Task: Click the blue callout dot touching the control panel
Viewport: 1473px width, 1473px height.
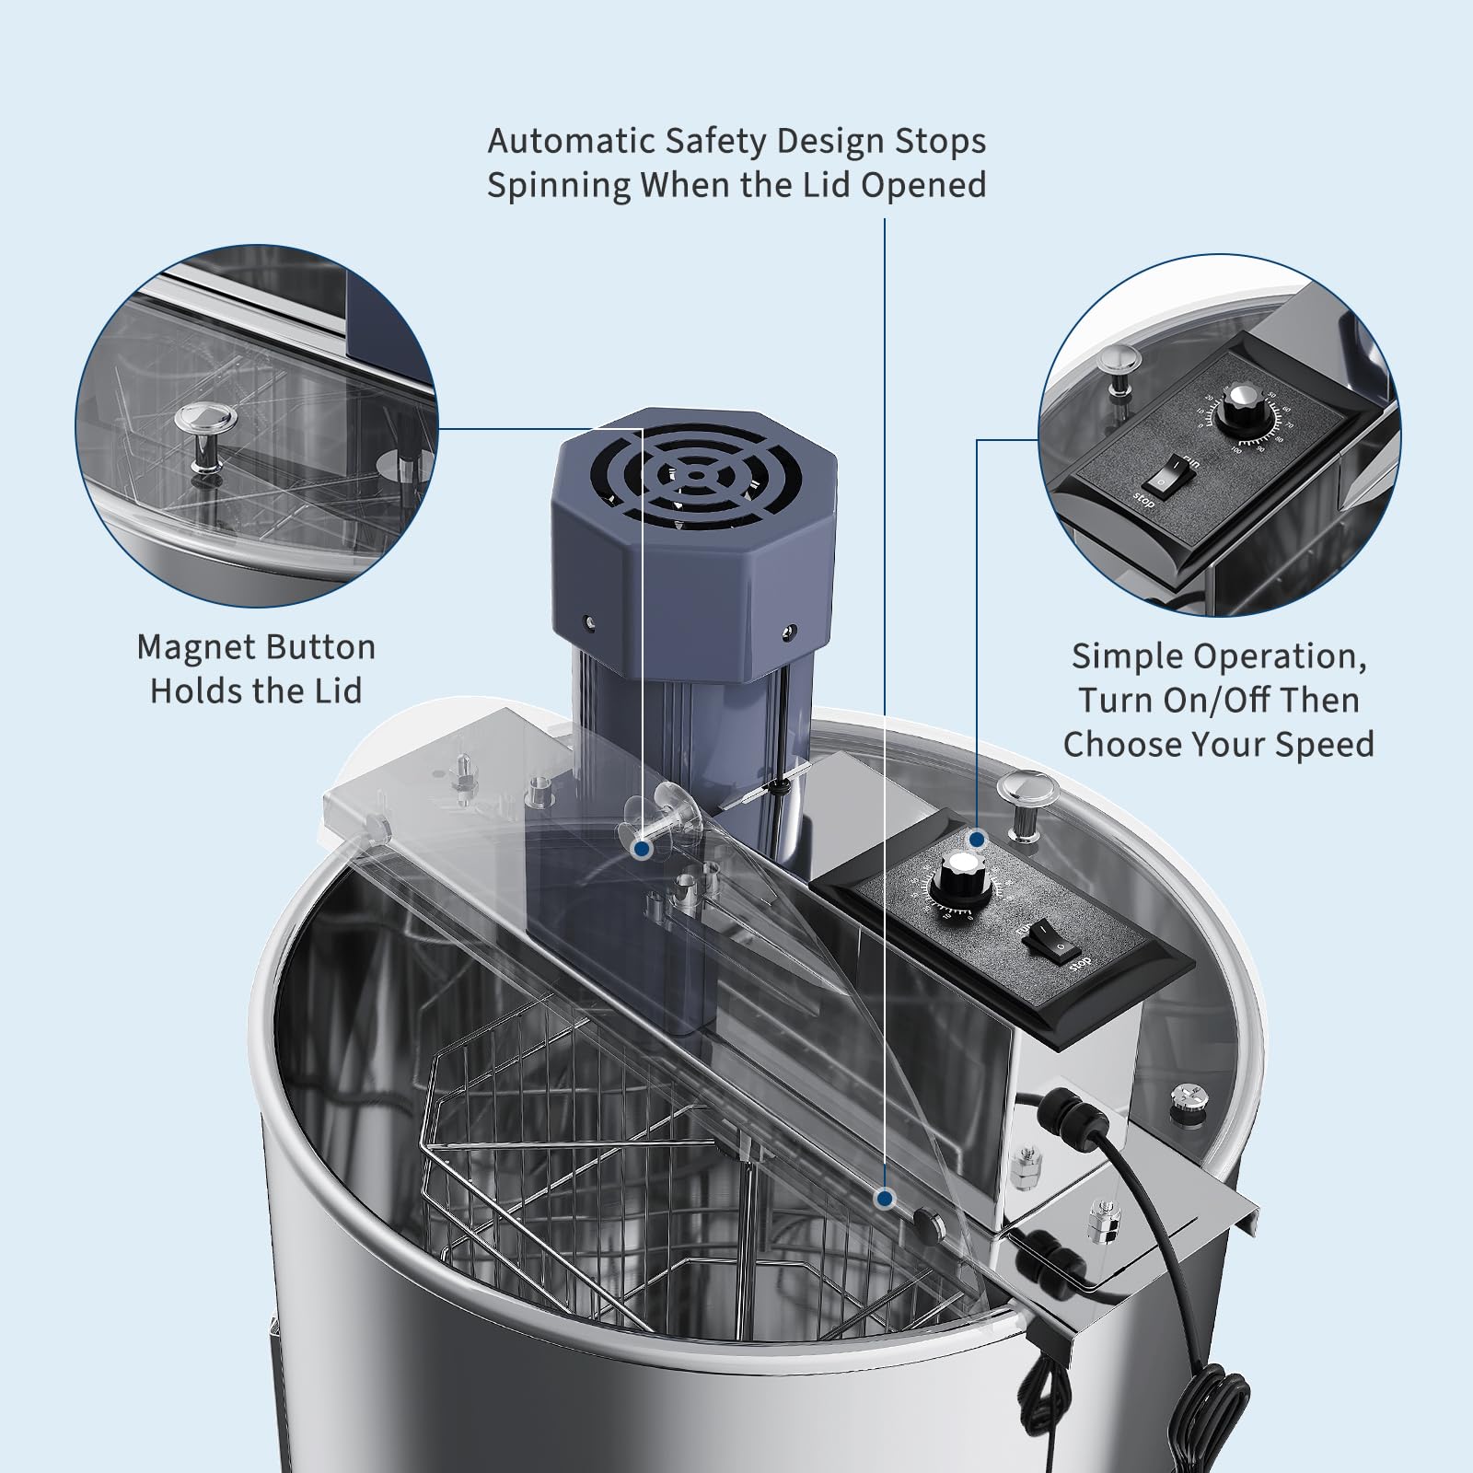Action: coord(978,840)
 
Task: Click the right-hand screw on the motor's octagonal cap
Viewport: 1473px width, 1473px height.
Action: coord(788,634)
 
